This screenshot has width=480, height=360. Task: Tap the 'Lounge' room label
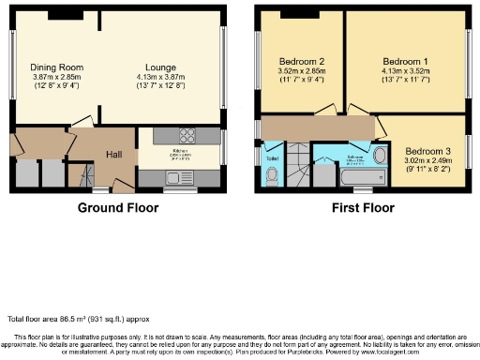(162, 67)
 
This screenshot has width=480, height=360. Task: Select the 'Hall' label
(113, 154)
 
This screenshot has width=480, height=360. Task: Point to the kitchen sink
(179, 177)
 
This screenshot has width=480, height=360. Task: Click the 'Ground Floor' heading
(117, 207)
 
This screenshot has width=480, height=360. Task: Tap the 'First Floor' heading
(363, 207)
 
